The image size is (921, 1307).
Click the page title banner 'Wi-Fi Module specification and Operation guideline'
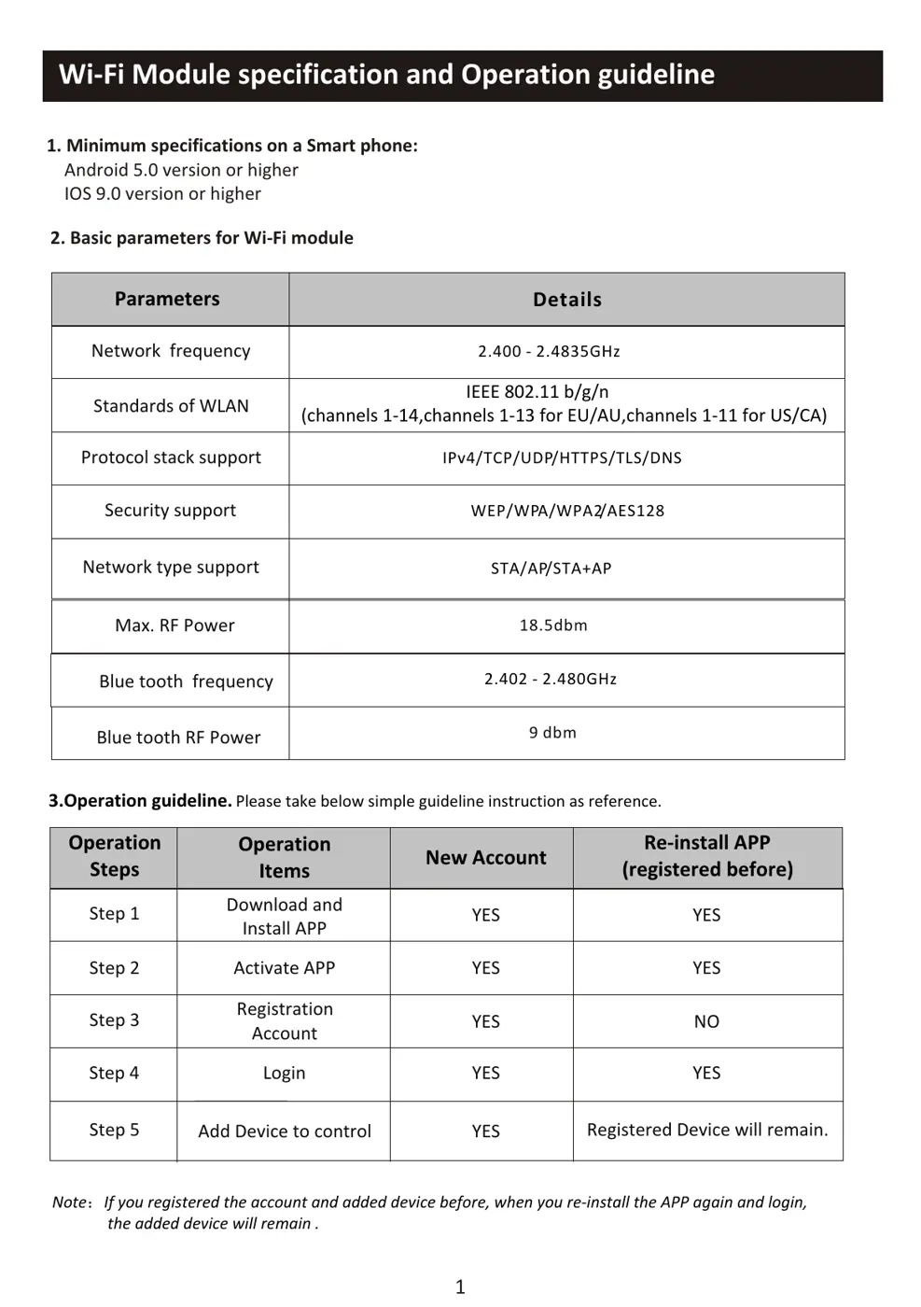click(x=386, y=75)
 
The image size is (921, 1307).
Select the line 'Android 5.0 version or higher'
click(x=181, y=170)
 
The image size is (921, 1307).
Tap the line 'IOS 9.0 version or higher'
click(x=162, y=194)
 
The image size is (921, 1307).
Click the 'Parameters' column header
click(x=167, y=299)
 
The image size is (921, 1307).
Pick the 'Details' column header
click(x=566, y=300)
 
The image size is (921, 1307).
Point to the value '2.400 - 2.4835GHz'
click(x=549, y=352)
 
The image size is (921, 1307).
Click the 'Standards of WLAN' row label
click(x=171, y=406)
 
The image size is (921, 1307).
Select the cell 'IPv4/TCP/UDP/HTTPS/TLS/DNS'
click(x=562, y=458)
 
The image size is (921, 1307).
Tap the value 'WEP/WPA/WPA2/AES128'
click(x=567, y=511)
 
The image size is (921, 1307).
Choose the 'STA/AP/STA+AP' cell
click(x=551, y=569)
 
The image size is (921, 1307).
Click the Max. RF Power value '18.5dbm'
click(x=553, y=625)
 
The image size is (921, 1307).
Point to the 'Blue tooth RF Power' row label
click(x=178, y=738)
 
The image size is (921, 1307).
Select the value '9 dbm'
click(x=552, y=733)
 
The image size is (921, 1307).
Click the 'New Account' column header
click(x=485, y=858)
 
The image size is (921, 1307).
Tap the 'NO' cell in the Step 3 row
click(x=706, y=1021)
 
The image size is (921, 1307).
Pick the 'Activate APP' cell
click(x=284, y=968)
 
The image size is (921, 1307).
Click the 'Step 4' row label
click(x=114, y=1074)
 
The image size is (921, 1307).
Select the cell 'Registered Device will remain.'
click(x=706, y=1130)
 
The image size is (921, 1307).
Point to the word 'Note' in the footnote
click(x=69, y=1202)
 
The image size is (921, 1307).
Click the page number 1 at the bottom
click(x=459, y=1286)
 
